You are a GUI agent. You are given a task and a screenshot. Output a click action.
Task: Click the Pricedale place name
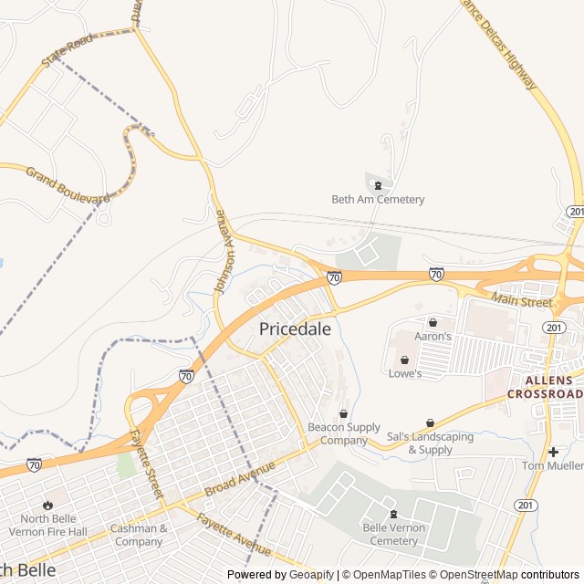point(295,329)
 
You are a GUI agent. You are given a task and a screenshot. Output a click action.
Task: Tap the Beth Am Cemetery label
point(378,200)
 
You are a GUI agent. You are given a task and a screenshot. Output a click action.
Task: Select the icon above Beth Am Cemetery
point(378,185)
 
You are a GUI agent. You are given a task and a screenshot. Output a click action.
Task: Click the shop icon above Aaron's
point(433,322)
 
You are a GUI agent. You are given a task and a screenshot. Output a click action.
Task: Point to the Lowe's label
point(405,373)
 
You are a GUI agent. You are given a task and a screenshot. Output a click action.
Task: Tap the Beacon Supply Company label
point(343,433)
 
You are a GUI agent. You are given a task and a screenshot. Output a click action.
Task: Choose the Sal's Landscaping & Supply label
point(430,443)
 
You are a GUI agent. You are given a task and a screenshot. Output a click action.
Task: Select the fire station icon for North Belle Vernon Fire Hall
point(47,505)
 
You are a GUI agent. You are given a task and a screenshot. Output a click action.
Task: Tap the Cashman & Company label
point(139,535)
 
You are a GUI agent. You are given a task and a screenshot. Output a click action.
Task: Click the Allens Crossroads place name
point(552,387)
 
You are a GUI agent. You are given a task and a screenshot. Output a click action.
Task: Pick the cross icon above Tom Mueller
point(553,452)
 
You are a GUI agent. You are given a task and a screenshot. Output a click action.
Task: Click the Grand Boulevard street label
point(67,185)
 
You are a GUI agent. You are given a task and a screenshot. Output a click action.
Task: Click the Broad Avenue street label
point(240,478)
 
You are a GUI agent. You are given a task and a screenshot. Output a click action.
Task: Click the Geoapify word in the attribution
point(311,575)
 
